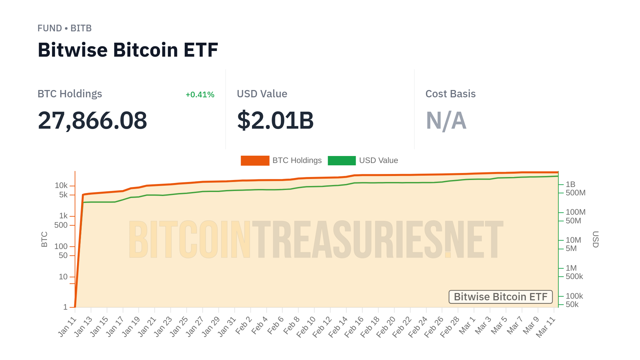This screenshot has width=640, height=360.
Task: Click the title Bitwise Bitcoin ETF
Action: tap(128, 50)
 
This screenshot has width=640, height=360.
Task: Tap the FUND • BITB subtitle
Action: tap(64, 28)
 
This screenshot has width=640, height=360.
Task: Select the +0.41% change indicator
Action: tap(200, 95)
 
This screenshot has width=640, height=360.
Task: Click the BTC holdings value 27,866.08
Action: tap(92, 120)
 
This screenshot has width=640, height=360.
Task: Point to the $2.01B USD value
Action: tap(275, 120)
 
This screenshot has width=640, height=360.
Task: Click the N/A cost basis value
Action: tap(446, 120)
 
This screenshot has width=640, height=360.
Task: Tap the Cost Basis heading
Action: tap(450, 94)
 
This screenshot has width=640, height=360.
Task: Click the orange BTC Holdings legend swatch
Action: tap(255, 161)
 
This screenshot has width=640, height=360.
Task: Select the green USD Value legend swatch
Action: tap(342, 161)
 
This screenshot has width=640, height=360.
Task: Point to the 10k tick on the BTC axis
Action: tap(61, 186)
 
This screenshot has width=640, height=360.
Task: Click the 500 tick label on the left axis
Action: tap(61, 225)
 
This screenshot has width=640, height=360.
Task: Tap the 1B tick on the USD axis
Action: tap(570, 184)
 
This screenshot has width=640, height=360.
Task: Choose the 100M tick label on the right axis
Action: tap(575, 212)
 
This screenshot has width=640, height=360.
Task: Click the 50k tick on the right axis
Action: tap(572, 304)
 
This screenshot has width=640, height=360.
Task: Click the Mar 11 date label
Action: tap(546, 327)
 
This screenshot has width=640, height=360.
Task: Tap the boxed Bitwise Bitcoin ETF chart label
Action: tap(500, 297)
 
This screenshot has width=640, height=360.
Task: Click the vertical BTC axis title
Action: tap(44, 239)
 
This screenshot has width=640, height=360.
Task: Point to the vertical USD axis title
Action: tap(595, 239)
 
